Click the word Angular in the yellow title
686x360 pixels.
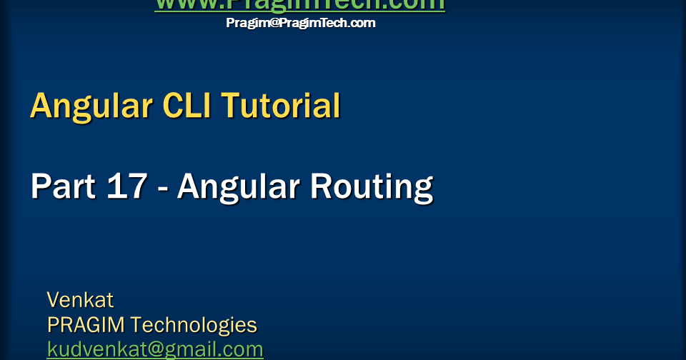(91, 106)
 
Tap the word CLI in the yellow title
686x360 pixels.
(187, 106)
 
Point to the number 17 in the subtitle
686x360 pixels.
(126, 186)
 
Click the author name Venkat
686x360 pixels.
(80, 299)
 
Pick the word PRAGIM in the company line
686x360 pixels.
(86, 325)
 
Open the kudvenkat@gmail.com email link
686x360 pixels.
(155, 349)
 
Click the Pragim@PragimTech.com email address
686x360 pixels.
(300, 23)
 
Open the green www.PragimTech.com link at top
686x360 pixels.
(299, 4)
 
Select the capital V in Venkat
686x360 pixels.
(54, 299)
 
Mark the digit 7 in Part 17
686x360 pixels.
(136, 186)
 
